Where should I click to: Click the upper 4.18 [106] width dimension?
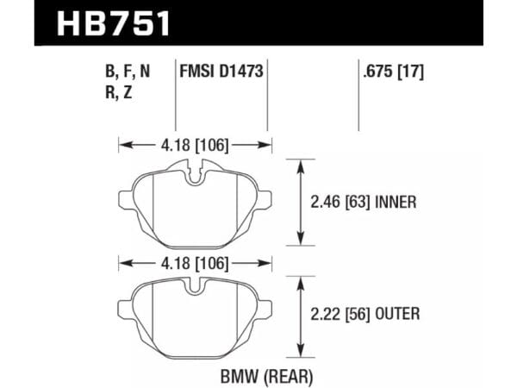point(195,145)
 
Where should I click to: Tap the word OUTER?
point(397,314)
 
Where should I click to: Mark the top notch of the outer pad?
point(197,288)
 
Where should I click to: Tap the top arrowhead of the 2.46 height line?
point(301,162)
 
